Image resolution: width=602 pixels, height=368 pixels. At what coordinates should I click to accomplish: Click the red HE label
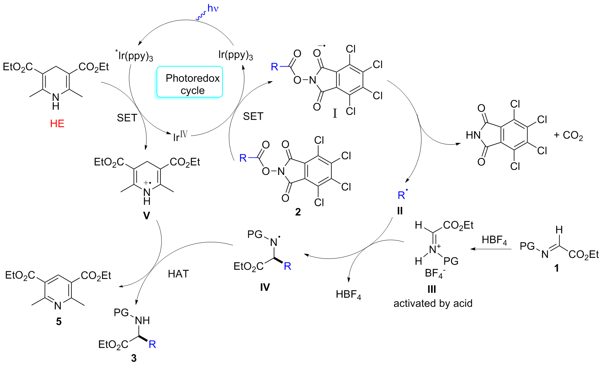click(x=57, y=123)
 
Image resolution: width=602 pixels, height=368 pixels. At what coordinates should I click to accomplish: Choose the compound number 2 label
click(x=298, y=212)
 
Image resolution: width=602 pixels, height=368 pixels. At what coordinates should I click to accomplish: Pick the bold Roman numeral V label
click(x=146, y=216)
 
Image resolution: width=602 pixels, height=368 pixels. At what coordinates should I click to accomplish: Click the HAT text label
click(x=178, y=274)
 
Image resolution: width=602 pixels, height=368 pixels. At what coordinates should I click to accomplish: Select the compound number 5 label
click(x=59, y=321)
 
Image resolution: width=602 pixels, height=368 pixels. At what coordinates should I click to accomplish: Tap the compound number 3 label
click(x=134, y=358)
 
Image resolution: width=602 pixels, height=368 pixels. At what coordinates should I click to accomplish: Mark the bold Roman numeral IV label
click(x=265, y=287)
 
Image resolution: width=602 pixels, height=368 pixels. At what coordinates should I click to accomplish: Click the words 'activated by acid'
click(x=433, y=303)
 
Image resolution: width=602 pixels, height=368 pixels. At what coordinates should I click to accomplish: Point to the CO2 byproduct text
click(x=572, y=136)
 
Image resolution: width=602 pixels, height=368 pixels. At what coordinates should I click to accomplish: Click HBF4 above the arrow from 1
click(x=494, y=240)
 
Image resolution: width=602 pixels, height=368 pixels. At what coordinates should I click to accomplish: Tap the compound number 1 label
click(x=556, y=268)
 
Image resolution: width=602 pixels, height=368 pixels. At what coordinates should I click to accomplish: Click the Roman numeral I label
click(x=335, y=113)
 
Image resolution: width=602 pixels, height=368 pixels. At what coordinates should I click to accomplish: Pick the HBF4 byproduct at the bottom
click(x=348, y=295)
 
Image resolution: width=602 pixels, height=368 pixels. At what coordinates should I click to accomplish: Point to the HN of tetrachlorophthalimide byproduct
click(x=473, y=135)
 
